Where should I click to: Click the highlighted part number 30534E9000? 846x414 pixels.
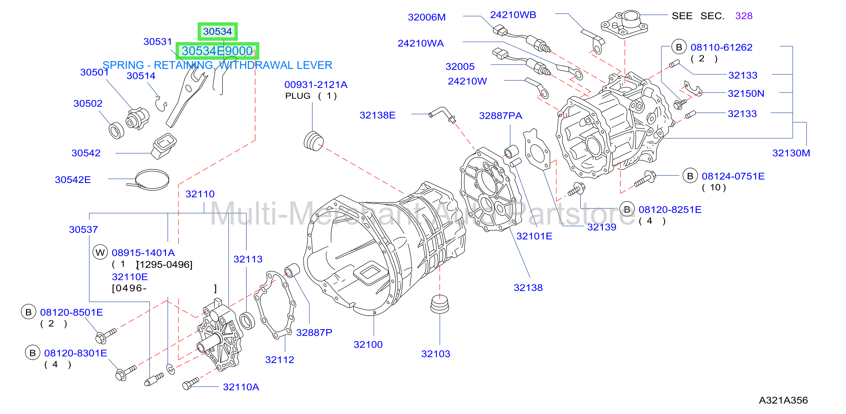tap(217, 51)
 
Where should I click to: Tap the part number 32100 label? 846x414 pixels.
tap(368, 345)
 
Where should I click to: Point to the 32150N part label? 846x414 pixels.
tap(746, 93)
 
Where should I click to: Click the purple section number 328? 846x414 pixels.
tap(744, 16)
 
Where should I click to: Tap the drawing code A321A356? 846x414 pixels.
tap(783, 400)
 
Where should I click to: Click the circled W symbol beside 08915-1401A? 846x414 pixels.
tap(100, 252)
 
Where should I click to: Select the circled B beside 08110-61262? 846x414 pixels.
tap(679, 47)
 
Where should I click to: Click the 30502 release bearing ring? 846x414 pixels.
tap(116, 130)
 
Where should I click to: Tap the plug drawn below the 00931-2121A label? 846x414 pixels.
tap(313, 141)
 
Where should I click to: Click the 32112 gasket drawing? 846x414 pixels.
tap(275, 304)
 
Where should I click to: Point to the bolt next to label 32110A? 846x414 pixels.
tap(190, 384)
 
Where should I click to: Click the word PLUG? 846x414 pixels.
tap(298, 96)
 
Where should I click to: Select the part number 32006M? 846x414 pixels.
tap(426, 17)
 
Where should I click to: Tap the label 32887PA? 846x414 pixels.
tap(500, 115)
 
